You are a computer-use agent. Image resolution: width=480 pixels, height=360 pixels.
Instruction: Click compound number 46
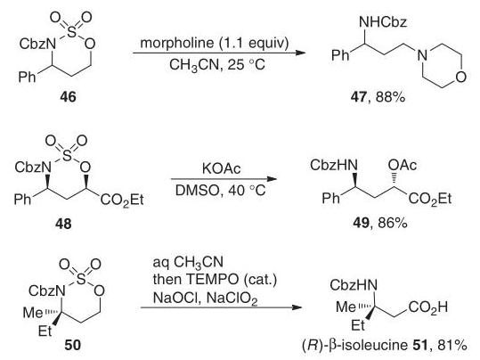(x=68, y=97)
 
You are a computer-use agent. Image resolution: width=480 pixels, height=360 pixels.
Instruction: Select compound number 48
(x=63, y=224)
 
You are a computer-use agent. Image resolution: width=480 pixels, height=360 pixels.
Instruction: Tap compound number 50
(x=72, y=345)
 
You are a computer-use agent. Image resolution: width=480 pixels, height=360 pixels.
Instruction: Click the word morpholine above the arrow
(x=177, y=42)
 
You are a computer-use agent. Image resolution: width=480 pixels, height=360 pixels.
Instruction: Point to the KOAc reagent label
(x=222, y=168)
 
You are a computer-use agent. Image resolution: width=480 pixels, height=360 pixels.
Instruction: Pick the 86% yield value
(x=393, y=223)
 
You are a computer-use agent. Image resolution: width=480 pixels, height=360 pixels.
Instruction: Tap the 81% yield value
(x=452, y=345)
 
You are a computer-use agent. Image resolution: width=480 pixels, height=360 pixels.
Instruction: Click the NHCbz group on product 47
(x=383, y=21)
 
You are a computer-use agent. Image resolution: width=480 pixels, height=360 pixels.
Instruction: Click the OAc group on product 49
(x=403, y=165)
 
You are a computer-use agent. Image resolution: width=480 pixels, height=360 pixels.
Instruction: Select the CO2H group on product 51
(x=428, y=307)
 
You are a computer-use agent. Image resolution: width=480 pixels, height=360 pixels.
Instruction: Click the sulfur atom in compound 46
(x=71, y=31)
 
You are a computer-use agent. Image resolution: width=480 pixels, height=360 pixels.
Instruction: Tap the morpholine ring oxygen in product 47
(x=460, y=77)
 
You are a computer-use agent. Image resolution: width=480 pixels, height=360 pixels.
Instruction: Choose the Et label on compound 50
(x=45, y=331)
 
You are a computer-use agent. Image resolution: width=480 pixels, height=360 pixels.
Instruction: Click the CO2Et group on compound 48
(x=122, y=200)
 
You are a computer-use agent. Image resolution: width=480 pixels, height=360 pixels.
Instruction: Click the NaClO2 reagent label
(x=232, y=299)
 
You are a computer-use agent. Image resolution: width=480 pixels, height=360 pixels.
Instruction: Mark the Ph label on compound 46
(x=27, y=77)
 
